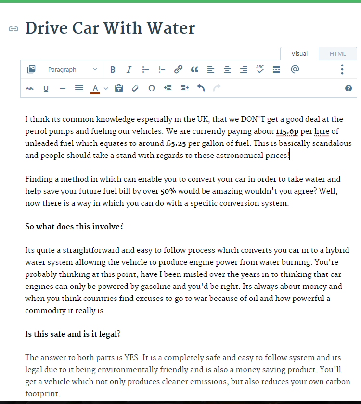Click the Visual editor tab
coord(299,54)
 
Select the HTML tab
coord(337,54)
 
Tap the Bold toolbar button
coord(113,70)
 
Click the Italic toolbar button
coord(129,70)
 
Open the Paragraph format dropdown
coord(72,70)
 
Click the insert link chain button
coord(178,70)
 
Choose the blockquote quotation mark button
coord(194,70)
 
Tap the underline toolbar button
coord(46,89)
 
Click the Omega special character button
coord(151,89)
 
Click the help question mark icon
coord(348,88)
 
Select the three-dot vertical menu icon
coord(342,69)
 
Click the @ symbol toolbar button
coord(295,69)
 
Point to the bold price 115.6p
coord(287,131)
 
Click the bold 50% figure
coord(168,191)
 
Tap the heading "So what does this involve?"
coord(74,226)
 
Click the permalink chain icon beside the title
coord(13,29)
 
